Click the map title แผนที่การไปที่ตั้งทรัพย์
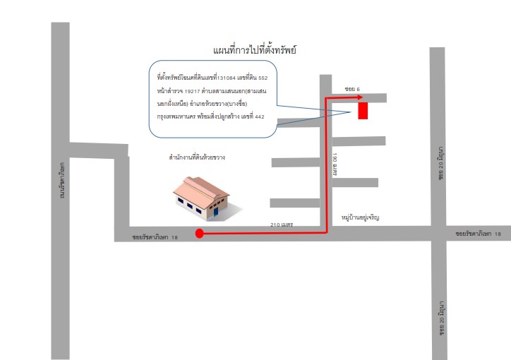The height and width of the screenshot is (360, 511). pyautogui.click(x=255, y=50)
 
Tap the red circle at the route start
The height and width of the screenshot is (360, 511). pyautogui.click(x=200, y=233)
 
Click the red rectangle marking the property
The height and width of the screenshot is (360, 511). pyautogui.click(x=363, y=111)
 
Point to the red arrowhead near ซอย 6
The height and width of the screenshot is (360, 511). pyautogui.click(x=359, y=97)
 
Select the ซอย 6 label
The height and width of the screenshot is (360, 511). pyautogui.click(x=352, y=89)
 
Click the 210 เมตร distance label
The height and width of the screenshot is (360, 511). pyautogui.click(x=282, y=224)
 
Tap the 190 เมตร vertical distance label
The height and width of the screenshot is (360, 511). pyautogui.click(x=335, y=164)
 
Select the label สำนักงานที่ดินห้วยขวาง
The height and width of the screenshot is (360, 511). pyautogui.click(x=197, y=157)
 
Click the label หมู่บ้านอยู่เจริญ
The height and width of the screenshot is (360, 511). pyautogui.click(x=361, y=217)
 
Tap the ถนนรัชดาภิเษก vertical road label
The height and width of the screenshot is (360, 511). pyautogui.click(x=62, y=180)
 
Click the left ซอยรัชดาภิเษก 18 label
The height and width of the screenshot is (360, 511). pyautogui.click(x=155, y=237)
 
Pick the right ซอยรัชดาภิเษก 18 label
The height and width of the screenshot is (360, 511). pyautogui.click(x=478, y=234)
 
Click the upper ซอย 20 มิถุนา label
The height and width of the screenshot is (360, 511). pyautogui.click(x=440, y=163)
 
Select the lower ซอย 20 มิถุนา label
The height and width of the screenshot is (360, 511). pyautogui.click(x=442, y=318)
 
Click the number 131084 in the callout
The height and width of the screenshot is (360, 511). pyautogui.click(x=226, y=78)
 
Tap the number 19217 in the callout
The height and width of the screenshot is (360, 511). pyautogui.click(x=192, y=91)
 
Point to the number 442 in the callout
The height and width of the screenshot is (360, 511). pyautogui.click(x=260, y=116)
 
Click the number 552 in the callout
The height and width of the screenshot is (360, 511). pyautogui.click(x=263, y=78)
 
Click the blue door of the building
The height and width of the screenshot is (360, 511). pyautogui.click(x=216, y=212)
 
